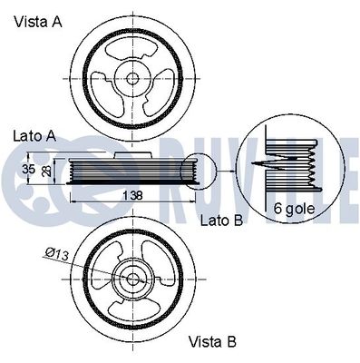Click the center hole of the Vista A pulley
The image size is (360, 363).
[x=132, y=77]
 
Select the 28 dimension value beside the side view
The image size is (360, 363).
[x=48, y=170]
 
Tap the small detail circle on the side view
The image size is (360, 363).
[x=195, y=171]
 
